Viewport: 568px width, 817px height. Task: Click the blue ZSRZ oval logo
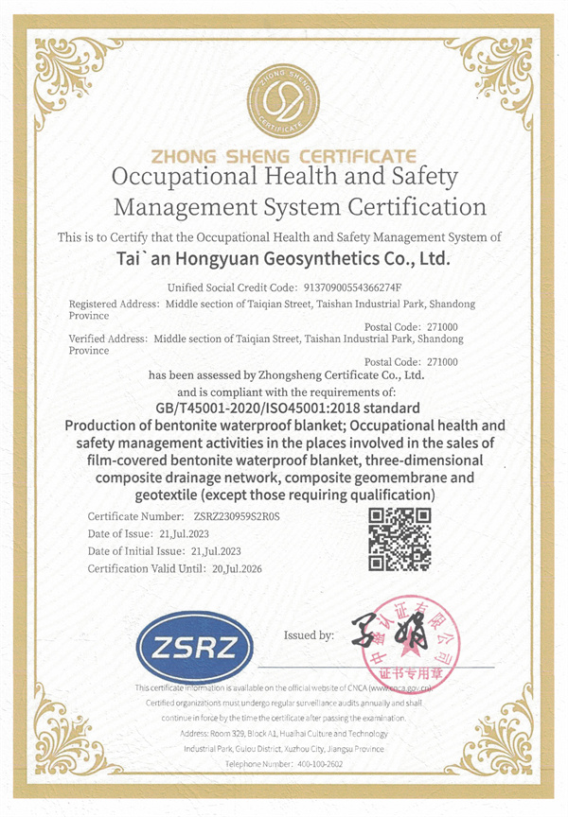195,646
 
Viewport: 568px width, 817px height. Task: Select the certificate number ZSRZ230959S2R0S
237,516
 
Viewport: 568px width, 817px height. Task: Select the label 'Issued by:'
309,635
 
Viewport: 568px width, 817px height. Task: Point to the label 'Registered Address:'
115,304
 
